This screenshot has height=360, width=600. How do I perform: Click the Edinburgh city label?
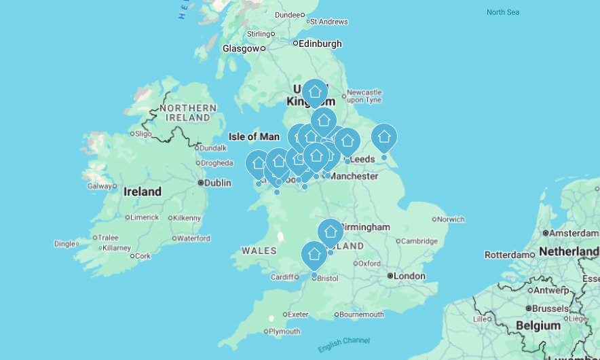click(x=320, y=43)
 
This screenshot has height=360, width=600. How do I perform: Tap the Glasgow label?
click(x=241, y=48)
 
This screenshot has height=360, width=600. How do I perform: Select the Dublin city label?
click(x=217, y=183)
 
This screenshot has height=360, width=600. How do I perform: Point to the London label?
click(x=409, y=276)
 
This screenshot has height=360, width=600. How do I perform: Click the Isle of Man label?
click(x=254, y=137)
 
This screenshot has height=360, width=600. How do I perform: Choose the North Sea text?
click(x=504, y=12)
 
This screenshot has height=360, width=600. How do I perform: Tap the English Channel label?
click(x=343, y=344)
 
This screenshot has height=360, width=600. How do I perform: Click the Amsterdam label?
click(x=573, y=233)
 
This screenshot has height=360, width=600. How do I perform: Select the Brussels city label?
click(x=550, y=308)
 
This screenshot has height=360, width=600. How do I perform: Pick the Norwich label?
click(x=451, y=219)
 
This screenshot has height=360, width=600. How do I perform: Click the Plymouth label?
click(x=284, y=331)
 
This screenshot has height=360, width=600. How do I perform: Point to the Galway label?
click(x=99, y=186)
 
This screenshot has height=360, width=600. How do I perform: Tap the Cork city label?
click(x=143, y=256)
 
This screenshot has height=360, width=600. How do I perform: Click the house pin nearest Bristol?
click(x=314, y=255)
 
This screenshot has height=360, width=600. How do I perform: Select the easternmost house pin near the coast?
click(x=384, y=137)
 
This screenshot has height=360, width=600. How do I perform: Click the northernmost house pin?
click(x=314, y=92)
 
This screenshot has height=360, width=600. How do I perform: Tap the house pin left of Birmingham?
click(x=331, y=232)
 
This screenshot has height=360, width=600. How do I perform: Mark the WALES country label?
click(x=259, y=251)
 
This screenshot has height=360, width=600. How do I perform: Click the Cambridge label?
click(x=419, y=241)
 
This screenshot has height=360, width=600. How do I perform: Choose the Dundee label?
click(x=288, y=15)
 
